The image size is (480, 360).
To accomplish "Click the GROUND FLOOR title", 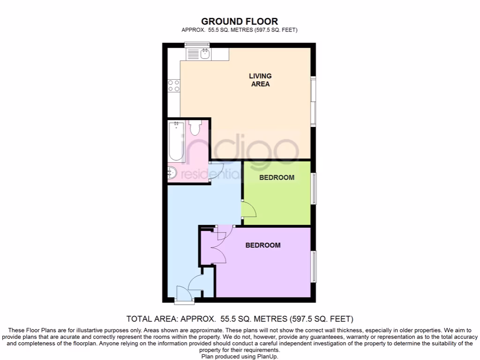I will pos(240,21).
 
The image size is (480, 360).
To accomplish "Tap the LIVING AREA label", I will pos(260,80).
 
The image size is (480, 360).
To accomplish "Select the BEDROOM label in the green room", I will pos(277,177).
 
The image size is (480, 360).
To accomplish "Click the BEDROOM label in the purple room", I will pos(263,245).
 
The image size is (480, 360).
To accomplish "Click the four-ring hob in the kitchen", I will pos(173,85).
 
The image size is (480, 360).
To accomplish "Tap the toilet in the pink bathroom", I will pos(195,127).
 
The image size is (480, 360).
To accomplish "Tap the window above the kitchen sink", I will pos(196,45).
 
